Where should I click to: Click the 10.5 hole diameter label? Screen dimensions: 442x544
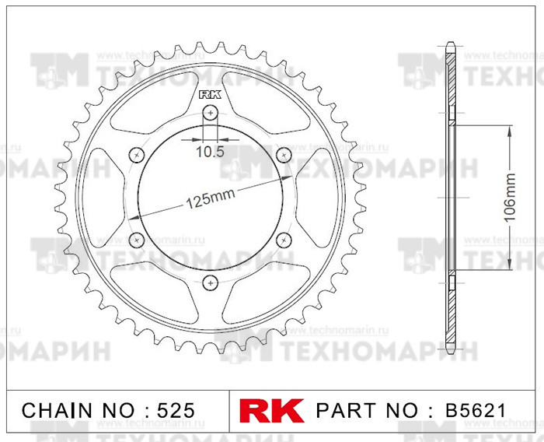click(210, 152)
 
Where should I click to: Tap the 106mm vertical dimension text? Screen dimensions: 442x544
click(511, 198)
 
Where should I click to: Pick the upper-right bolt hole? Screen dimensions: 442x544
click(284, 155)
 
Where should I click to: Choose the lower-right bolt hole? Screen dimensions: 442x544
click(284, 240)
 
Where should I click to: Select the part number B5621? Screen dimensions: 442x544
click(476, 410)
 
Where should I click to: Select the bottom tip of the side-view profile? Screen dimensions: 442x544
click(450, 351)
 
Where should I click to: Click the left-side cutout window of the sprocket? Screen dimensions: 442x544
click(98, 198)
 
